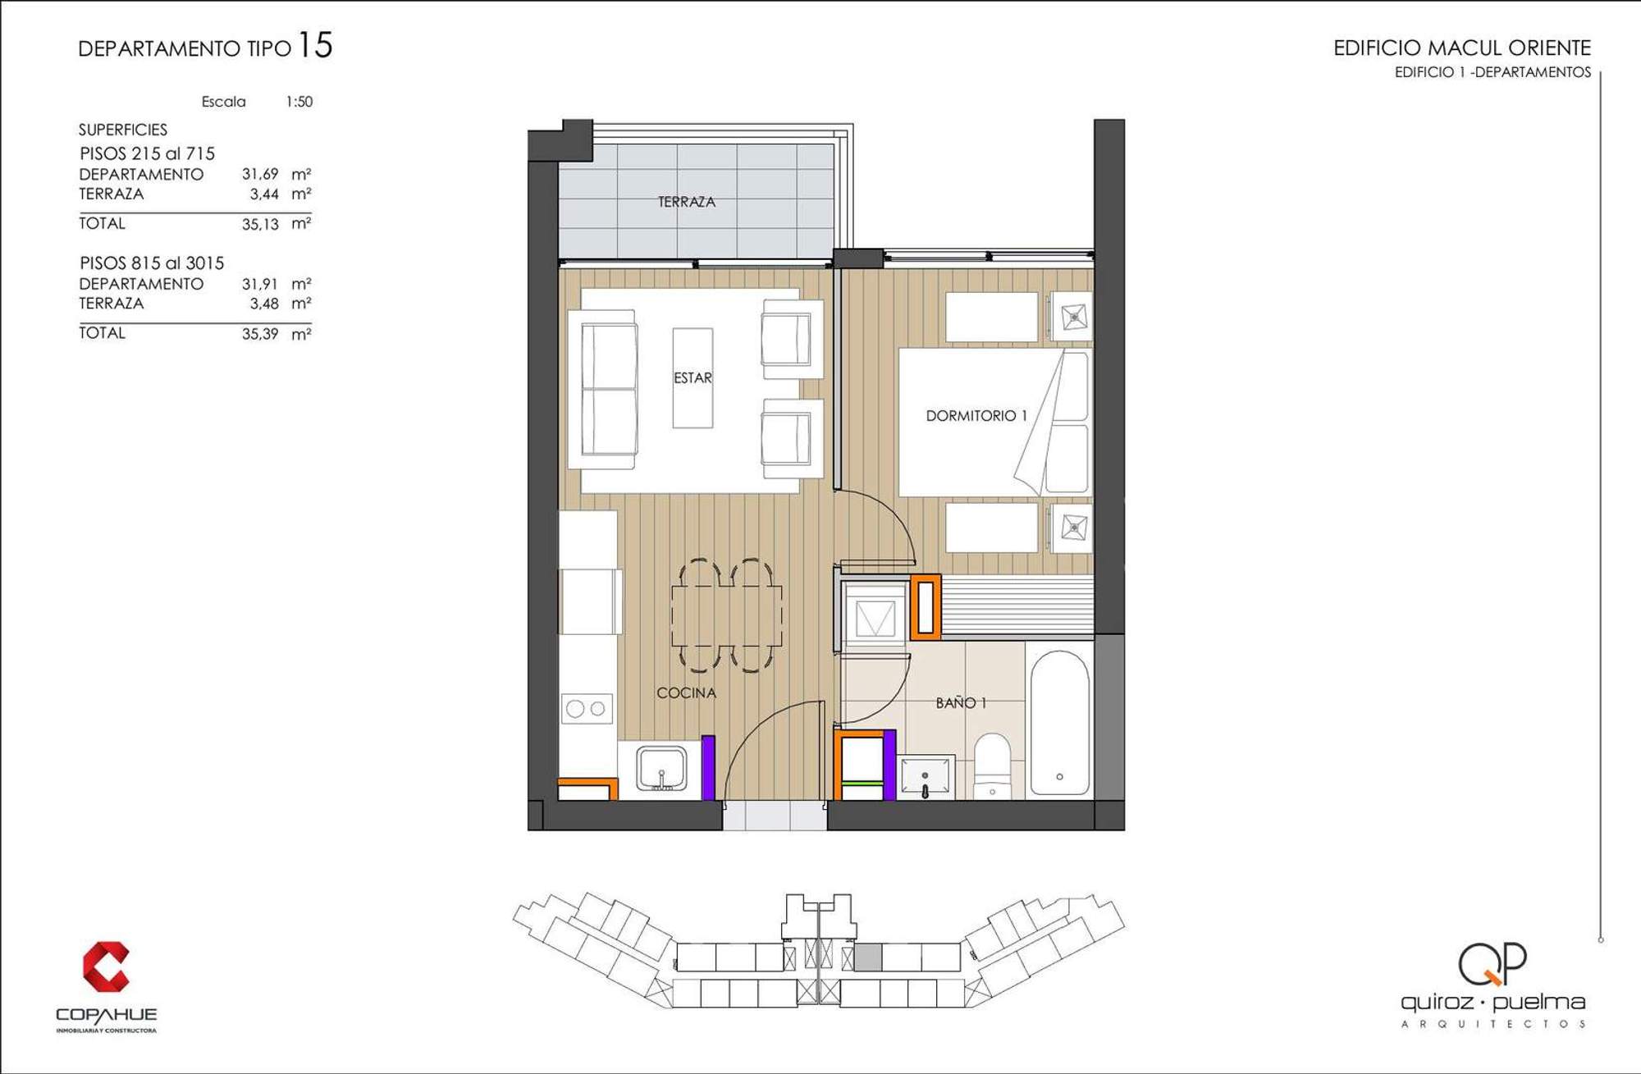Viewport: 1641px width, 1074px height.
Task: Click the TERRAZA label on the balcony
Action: coord(686,201)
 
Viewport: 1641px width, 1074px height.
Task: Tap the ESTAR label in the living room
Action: coord(693,377)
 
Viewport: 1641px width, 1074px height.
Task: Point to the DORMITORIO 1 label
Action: coord(976,416)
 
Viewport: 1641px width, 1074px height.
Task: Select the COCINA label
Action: coord(686,692)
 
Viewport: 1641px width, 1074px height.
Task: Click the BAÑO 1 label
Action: coord(961,703)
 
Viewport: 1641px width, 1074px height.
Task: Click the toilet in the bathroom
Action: coord(993,766)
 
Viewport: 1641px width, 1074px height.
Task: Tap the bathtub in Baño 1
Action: coord(1059,723)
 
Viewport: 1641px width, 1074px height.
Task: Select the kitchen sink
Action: coord(661,769)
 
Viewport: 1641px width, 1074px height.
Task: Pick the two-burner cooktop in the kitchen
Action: coord(587,708)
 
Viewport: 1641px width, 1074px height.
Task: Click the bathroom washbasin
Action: coord(926,776)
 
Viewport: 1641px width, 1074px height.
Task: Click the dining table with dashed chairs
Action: coord(726,616)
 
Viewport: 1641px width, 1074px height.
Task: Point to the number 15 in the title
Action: coord(315,45)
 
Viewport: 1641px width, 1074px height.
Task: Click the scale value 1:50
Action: coord(299,102)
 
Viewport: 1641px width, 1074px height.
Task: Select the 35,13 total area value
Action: coord(260,224)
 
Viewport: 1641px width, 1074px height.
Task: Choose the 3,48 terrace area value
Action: coord(264,304)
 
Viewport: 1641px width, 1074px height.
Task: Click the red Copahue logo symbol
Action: coord(106,967)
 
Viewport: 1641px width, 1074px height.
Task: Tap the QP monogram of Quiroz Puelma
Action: coord(1492,963)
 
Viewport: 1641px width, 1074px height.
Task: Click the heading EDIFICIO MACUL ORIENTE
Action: coord(1462,48)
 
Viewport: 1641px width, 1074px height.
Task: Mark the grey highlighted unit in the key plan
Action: coord(868,957)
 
